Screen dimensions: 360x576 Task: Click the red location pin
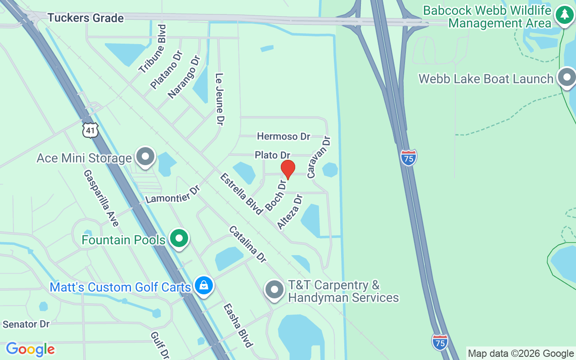tap(288, 169)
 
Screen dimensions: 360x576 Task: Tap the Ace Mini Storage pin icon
tap(145, 157)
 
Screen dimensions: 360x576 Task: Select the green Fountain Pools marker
tap(179, 238)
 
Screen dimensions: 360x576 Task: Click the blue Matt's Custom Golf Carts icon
tap(204, 286)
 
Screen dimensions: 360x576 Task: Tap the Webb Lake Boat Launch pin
tap(567, 78)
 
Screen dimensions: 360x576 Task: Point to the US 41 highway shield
tap(90, 130)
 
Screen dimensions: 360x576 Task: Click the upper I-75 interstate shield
tap(408, 157)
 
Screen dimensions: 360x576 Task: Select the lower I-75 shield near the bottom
tap(440, 342)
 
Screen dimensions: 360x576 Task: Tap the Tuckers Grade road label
tap(85, 18)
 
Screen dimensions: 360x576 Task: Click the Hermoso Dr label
tap(283, 136)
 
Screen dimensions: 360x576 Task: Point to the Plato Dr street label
tap(272, 155)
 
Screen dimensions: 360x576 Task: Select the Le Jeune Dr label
tap(220, 99)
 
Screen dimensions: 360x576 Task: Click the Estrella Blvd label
tap(241, 193)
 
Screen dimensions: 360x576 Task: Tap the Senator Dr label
tap(26, 324)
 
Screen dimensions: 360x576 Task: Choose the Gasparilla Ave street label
tap(101, 198)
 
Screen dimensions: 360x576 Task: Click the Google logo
tap(30, 349)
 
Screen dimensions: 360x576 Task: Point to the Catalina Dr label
tap(247, 244)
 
